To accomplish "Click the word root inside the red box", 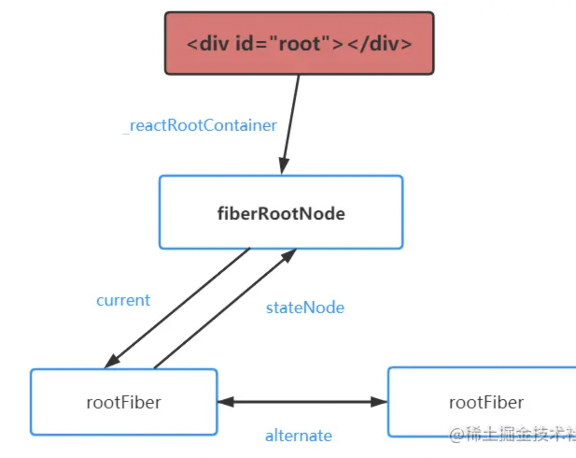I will click(300, 43).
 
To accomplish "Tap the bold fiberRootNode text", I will click(281, 214).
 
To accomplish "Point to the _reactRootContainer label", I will click(201, 125).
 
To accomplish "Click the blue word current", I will click(123, 300).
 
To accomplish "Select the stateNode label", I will click(305, 308).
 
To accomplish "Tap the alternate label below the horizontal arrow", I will click(299, 436).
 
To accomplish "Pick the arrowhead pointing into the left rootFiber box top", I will click(112, 361).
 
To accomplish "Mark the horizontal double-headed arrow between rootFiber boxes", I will click(302, 401).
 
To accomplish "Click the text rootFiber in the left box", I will click(124, 402).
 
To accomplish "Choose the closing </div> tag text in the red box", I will click(379, 43).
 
